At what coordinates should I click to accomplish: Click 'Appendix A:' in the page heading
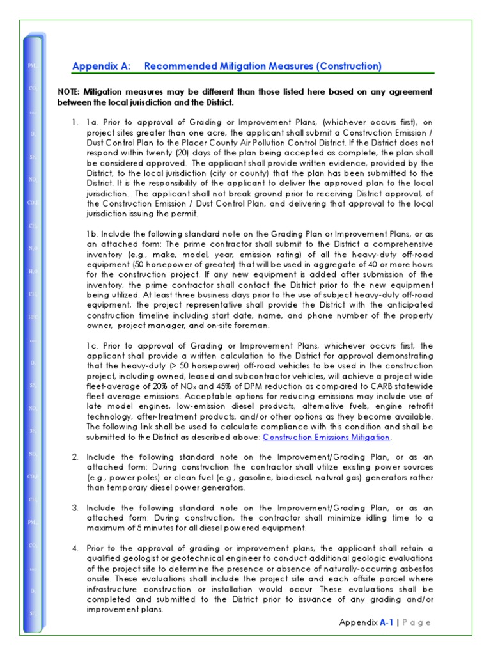coord(101,66)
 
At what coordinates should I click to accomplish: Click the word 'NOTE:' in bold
coord(70,92)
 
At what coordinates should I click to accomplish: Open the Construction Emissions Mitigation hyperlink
coord(326,438)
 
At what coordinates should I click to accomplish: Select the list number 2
coord(75,457)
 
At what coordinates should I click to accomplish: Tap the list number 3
coord(75,507)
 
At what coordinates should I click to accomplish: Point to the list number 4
coord(75,548)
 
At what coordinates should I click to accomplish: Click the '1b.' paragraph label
coord(93,233)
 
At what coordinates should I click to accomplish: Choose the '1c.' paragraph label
coord(93,345)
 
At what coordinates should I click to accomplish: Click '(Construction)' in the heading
coord(350,66)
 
